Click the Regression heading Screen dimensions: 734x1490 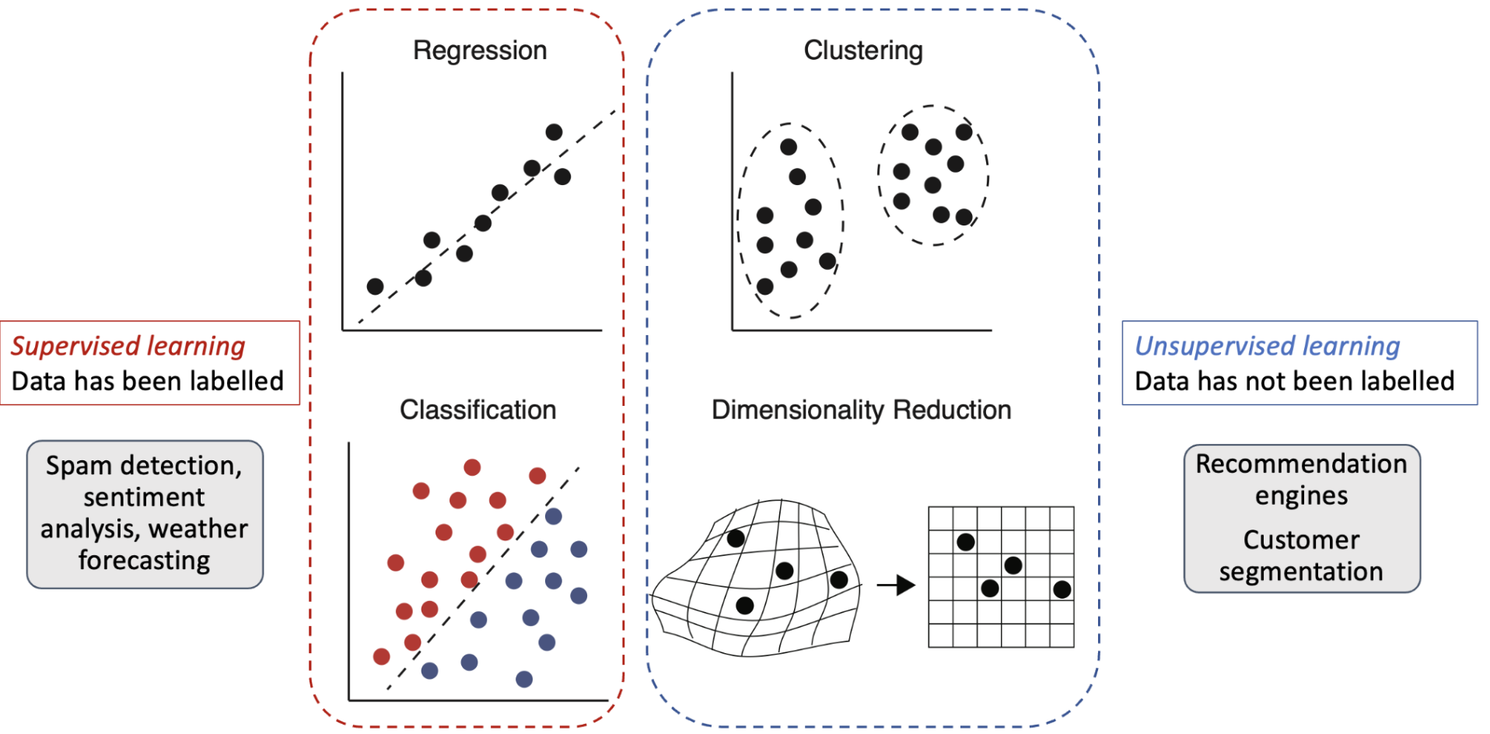click(480, 51)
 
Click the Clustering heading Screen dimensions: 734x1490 click(863, 51)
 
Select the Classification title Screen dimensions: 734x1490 click(477, 410)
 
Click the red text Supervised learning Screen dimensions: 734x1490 click(128, 345)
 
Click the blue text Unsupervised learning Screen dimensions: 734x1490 click(1268, 345)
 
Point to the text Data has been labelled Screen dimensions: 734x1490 click(148, 381)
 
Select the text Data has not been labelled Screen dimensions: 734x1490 click(1295, 381)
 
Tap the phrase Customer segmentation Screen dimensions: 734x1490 click(1301, 555)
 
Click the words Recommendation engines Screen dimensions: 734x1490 click(1301, 479)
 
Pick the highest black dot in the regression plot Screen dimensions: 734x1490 click(554, 132)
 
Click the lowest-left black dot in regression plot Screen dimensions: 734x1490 click(375, 286)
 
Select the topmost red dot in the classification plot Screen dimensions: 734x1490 click(472, 467)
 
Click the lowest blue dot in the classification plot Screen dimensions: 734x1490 click(524, 680)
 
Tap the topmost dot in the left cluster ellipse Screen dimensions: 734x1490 click(789, 147)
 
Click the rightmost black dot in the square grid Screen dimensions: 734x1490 click(1062, 589)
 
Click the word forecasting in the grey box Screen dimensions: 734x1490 click(145, 561)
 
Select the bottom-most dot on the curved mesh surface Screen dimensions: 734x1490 click(744, 605)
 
